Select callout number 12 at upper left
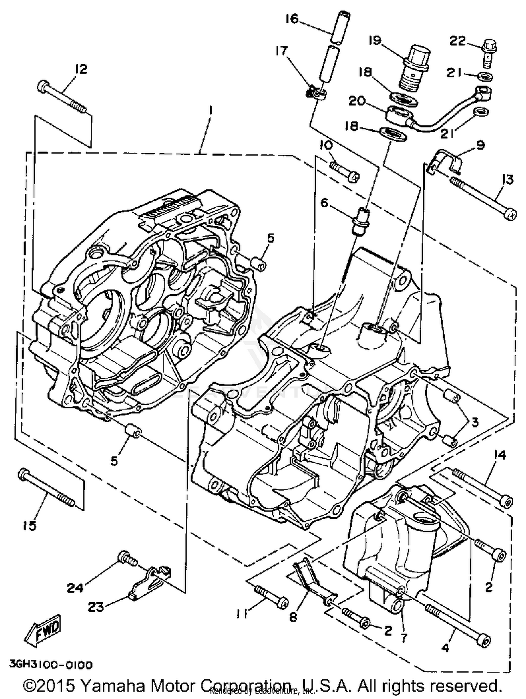tap(81, 69)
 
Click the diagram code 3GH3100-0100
tap(51, 665)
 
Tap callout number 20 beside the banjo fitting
tap(357, 101)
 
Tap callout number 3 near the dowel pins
tap(474, 423)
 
